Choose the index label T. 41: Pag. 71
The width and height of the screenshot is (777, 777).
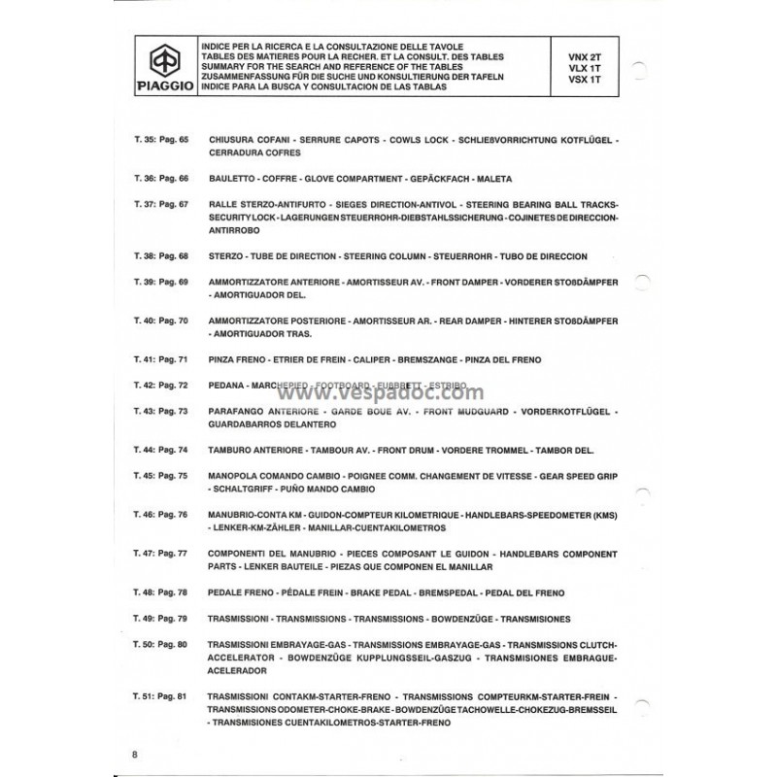(x=159, y=359)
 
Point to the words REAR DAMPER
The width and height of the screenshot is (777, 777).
(x=430, y=321)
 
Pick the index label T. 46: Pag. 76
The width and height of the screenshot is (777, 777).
(x=159, y=513)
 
